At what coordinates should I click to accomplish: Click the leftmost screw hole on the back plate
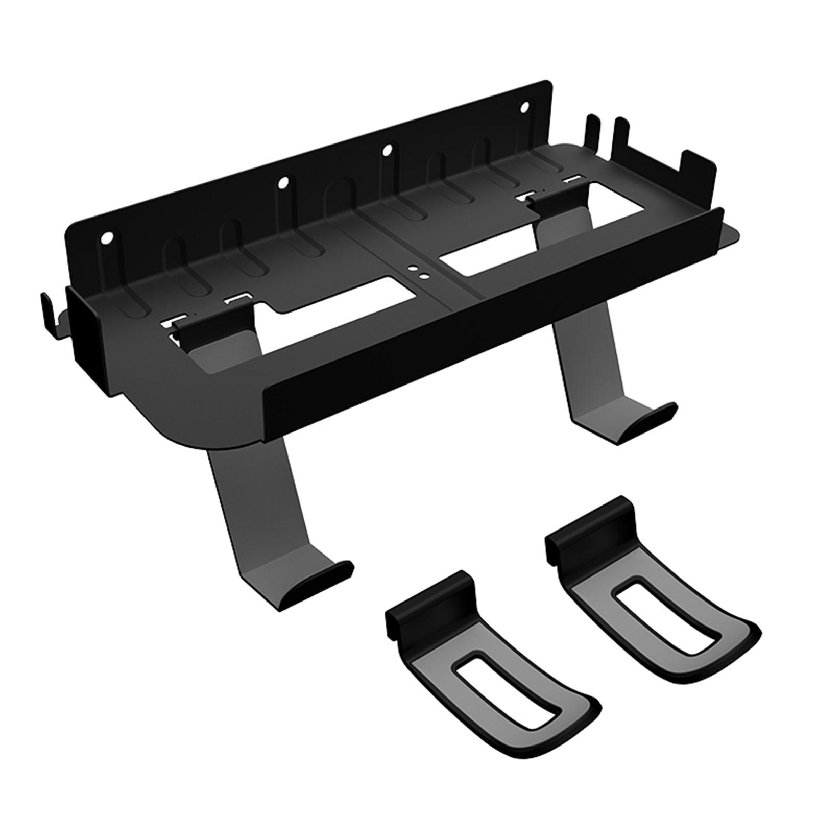tap(106, 237)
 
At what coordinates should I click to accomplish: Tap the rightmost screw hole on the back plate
tap(524, 107)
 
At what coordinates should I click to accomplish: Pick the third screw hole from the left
tap(387, 150)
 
